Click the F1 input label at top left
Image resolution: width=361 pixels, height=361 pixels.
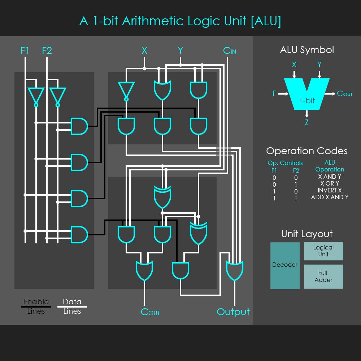pos(25,51)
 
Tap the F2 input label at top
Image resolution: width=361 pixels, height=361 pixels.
pos(47,51)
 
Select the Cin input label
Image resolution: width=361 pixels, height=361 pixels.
pos(230,51)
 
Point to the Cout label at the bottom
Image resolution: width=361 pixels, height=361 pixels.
pos(150,312)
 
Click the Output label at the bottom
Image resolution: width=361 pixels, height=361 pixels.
pos(233,312)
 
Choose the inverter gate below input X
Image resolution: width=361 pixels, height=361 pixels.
pos(126,91)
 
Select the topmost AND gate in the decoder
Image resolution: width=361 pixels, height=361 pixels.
pos(79,126)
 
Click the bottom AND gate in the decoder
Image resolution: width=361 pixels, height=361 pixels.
pos(79,235)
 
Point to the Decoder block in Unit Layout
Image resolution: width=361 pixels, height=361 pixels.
pos(285,265)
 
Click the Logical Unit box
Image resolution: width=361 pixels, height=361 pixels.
pos(323,251)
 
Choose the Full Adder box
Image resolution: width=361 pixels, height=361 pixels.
pos(323,277)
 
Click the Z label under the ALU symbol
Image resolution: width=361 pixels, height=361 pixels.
pos(306,122)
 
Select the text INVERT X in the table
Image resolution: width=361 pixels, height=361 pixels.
pos(330,190)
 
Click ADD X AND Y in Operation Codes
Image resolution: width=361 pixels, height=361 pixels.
pos(330,197)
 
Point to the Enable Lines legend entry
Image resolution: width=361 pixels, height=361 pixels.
pos(36,306)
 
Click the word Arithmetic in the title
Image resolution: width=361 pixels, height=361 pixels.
pos(153,21)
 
